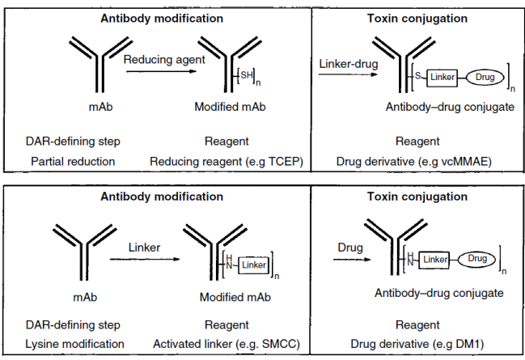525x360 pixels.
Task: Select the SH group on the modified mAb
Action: click(244, 75)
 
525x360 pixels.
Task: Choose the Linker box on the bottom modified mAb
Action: click(253, 265)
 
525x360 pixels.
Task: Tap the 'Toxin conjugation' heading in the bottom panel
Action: click(417, 197)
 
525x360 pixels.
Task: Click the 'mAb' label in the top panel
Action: click(101, 106)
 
